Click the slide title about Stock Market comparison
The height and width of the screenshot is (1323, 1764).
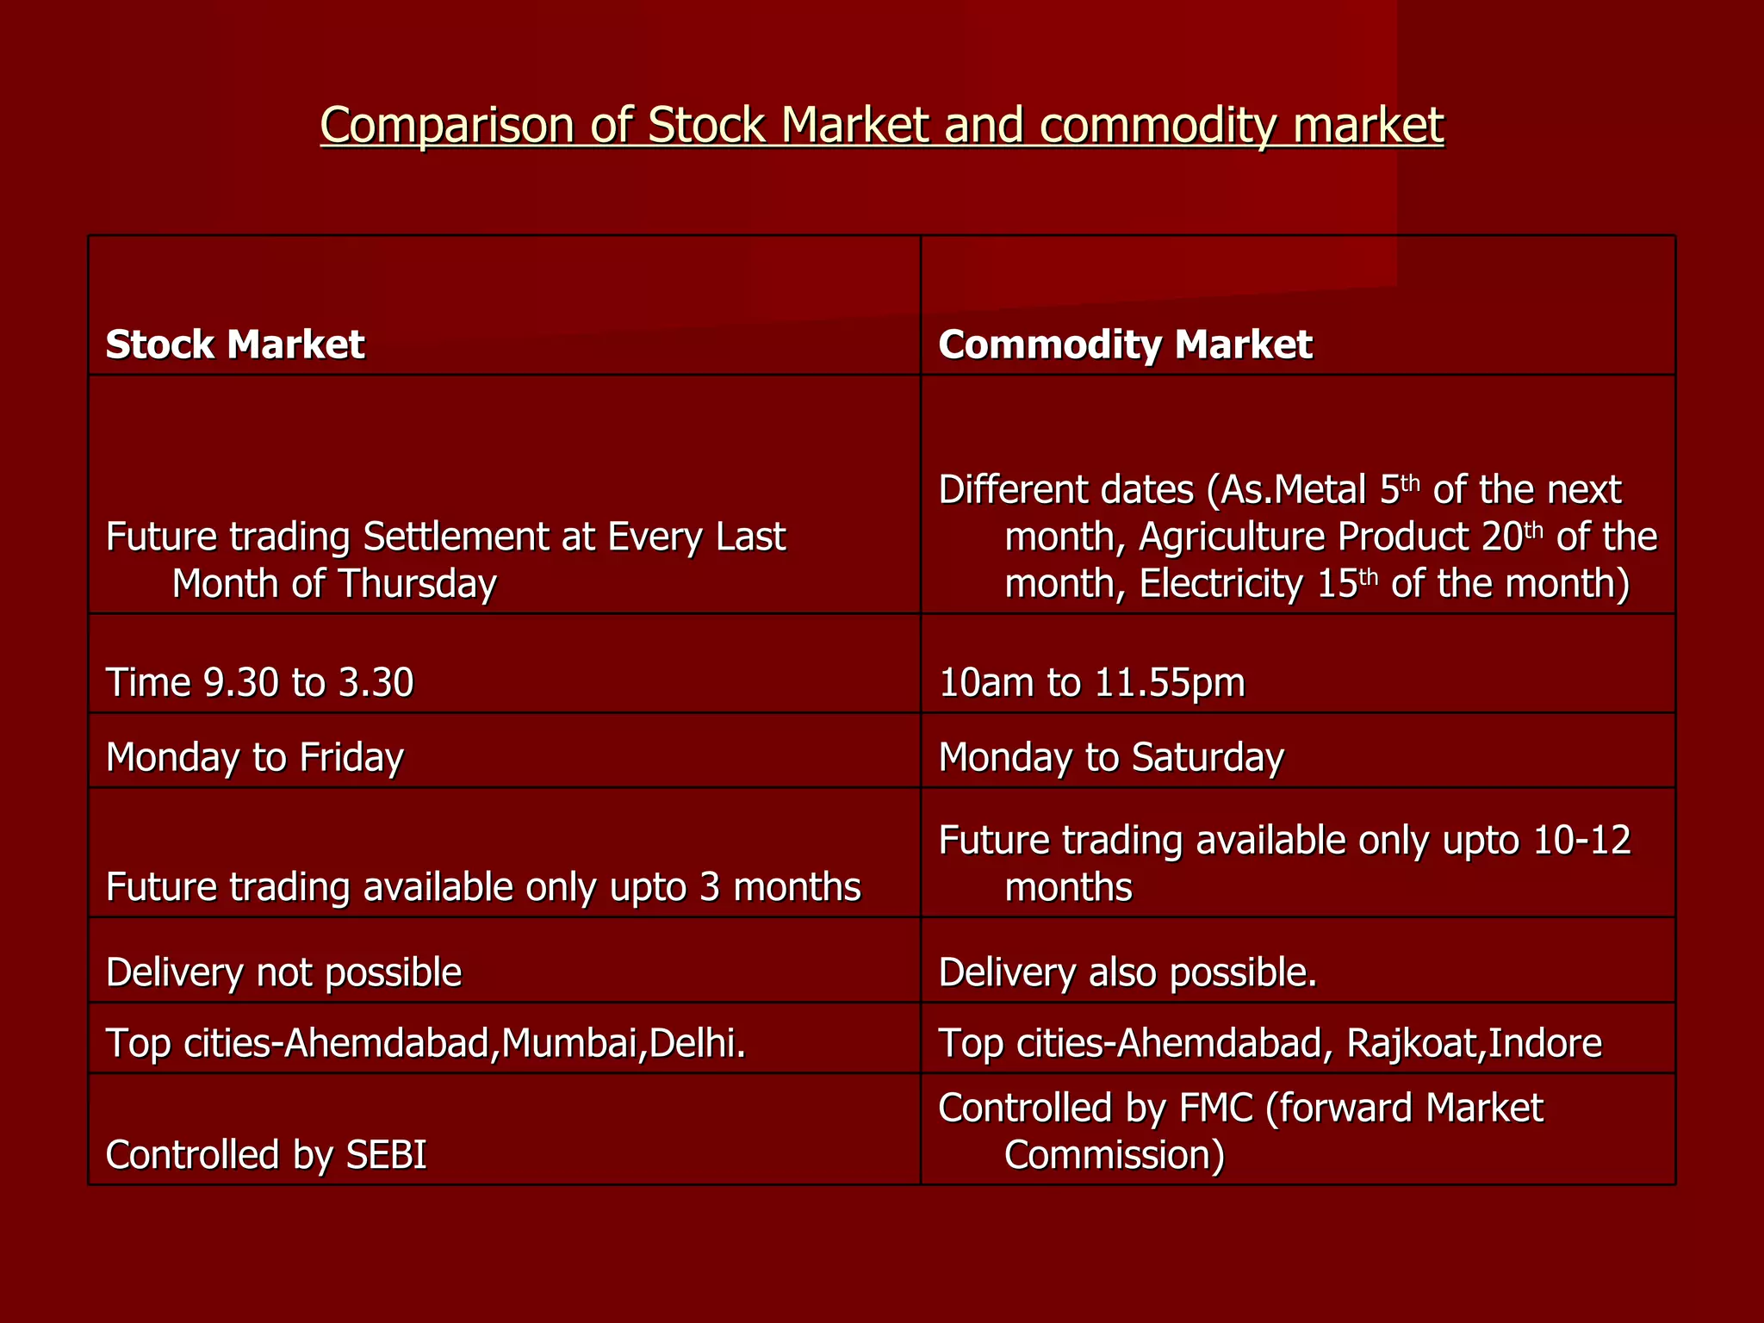coord(881,125)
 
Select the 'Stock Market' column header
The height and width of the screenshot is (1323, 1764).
coord(235,345)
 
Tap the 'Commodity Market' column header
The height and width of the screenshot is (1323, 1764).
coord(1125,345)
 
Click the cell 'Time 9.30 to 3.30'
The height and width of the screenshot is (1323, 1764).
coord(259,683)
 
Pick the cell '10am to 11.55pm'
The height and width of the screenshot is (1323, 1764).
coord(1091,683)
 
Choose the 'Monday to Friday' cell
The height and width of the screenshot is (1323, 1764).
coord(254,757)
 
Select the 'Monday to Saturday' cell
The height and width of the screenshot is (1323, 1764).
coord(1111,757)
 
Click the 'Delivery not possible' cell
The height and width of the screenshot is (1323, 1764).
coord(283,972)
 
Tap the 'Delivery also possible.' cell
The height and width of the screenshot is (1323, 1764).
coord(1127,972)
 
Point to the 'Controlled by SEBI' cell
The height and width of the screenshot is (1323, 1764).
coord(266,1155)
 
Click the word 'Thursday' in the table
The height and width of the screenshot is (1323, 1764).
coord(417,584)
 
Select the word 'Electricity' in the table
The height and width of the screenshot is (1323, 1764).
coord(1221,584)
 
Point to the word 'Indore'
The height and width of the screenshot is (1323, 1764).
coord(1545,1043)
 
